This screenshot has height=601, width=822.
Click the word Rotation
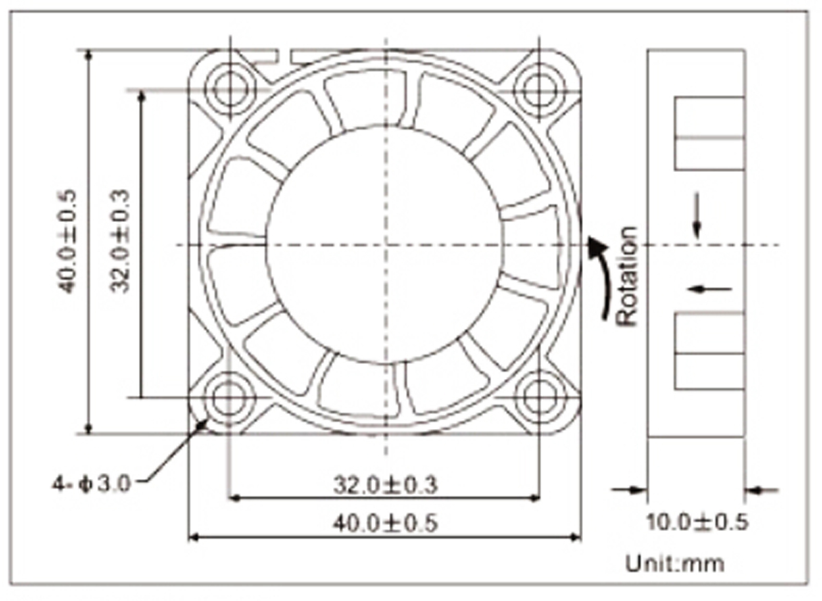(627, 276)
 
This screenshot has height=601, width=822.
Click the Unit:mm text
(675, 564)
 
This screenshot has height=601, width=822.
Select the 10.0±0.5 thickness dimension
(697, 522)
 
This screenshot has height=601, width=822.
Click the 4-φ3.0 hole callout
(92, 483)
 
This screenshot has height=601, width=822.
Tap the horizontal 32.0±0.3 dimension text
(385, 485)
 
